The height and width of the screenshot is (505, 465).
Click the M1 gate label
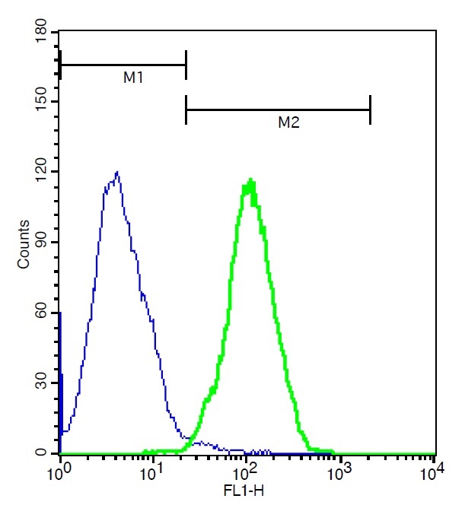point(134,78)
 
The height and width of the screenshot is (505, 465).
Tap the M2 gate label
point(288,122)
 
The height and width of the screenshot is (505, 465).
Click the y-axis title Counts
point(24,243)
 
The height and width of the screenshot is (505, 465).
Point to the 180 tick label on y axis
point(37,32)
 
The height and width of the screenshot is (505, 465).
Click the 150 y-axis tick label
point(37,102)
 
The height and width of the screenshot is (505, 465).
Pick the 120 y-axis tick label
point(37,172)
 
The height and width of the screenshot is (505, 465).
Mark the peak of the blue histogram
point(116,172)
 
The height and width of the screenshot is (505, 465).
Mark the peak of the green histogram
point(250,181)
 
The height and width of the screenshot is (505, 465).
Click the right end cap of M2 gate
point(370,110)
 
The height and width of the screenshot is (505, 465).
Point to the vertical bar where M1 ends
point(186,65)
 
